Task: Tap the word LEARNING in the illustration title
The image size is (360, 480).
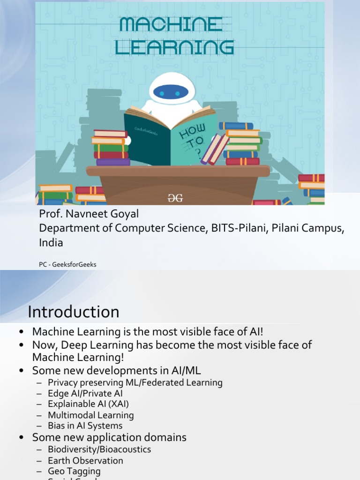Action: (175, 47)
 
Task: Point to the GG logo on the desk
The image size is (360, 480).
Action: (175, 198)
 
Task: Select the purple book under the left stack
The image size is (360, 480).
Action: (113, 162)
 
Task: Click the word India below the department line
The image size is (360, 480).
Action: (51, 243)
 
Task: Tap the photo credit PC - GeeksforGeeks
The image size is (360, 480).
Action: (67, 264)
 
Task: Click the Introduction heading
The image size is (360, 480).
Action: (73, 312)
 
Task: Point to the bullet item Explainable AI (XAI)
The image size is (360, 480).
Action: (88, 404)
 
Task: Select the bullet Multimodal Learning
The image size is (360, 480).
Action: (90, 415)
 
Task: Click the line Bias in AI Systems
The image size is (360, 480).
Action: (85, 426)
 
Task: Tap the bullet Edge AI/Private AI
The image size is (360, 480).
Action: (85, 394)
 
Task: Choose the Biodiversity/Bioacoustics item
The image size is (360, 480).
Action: (99, 450)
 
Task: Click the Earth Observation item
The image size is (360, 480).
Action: (85, 461)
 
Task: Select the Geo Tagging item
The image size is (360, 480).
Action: (74, 472)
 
